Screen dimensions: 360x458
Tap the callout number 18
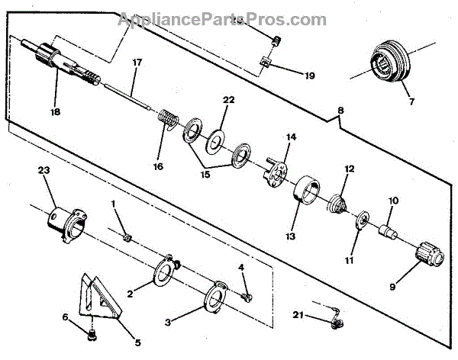click(54, 111)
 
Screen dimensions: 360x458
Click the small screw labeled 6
click(90, 333)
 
